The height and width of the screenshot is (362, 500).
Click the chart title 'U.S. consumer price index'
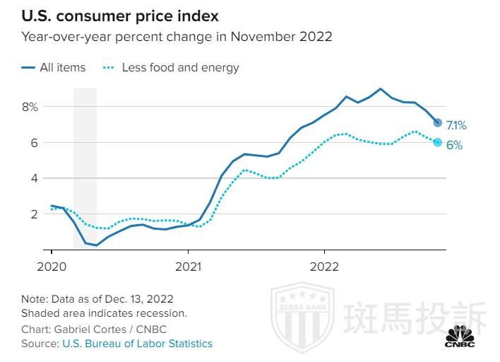(119, 16)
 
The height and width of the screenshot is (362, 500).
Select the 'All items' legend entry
(62, 68)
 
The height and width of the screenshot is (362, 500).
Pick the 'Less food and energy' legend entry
(180, 68)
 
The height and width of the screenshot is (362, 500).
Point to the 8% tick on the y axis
(30, 107)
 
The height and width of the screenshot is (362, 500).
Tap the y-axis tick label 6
(32, 143)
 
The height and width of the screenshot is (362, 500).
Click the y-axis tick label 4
(32, 178)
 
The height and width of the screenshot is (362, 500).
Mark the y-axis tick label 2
(32, 214)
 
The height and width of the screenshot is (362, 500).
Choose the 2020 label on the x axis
(52, 267)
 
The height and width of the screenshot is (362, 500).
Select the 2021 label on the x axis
(188, 267)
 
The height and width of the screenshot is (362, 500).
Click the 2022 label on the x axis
(324, 267)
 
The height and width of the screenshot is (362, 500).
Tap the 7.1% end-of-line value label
(456, 126)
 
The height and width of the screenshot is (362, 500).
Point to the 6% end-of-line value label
(454, 145)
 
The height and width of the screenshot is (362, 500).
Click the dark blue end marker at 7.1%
(437, 122)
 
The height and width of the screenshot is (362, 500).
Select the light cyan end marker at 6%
(437, 142)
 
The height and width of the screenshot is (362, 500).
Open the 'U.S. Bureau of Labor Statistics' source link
(137, 344)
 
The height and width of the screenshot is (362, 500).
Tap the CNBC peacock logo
(460, 334)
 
